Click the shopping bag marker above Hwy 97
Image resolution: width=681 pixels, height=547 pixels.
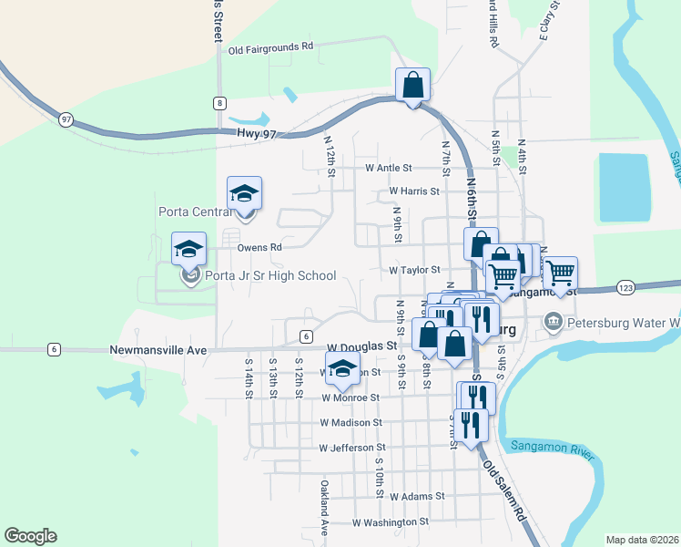(x=412, y=86)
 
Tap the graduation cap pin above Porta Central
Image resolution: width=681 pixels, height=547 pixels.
(x=244, y=194)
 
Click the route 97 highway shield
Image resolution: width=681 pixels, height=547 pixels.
(x=66, y=119)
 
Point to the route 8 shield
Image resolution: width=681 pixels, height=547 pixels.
(x=219, y=103)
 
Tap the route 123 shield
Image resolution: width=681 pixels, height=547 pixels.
(x=624, y=287)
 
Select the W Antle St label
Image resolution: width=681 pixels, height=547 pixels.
(x=389, y=169)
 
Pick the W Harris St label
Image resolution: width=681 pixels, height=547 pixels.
(x=414, y=192)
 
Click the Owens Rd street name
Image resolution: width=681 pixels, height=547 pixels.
(x=259, y=247)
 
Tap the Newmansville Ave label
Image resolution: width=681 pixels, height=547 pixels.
(x=159, y=349)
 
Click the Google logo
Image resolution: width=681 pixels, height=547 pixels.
(x=30, y=536)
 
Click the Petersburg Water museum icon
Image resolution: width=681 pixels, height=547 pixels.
(x=553, y=322)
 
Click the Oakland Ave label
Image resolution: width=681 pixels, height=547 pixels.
(x=323, y=508)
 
